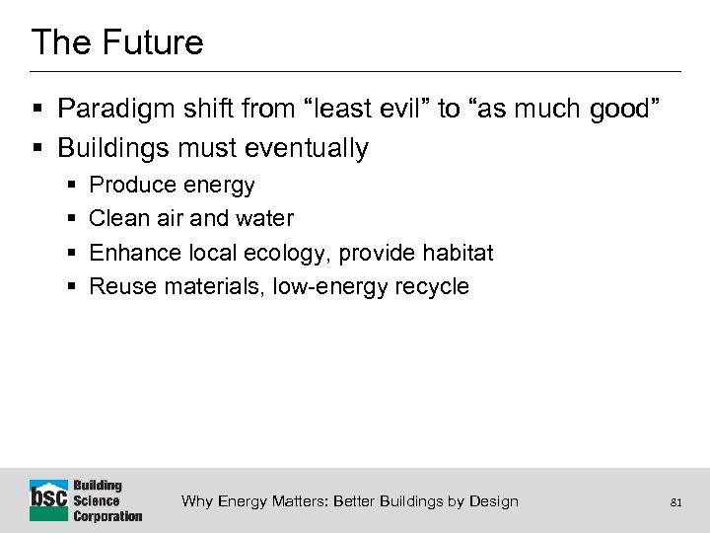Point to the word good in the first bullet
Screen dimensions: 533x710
coord(619,110)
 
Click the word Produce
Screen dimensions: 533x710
coord(127,186)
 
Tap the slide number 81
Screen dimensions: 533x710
coord(675,502)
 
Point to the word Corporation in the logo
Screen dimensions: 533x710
coord(107,515)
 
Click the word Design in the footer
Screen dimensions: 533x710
coord(494,501)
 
